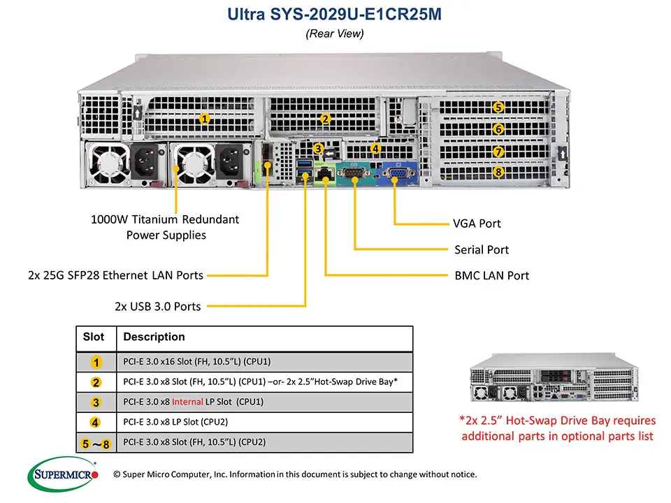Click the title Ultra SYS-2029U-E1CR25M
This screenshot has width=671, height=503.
tap(335, 15)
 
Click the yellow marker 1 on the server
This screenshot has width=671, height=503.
tap(204, 119)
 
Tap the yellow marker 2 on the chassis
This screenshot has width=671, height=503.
tap(324, 119)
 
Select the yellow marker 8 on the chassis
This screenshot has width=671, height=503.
tap(498, 172)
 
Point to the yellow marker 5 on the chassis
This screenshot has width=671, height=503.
tap(498, 107)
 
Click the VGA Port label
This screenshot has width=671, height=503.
tap(477, 224)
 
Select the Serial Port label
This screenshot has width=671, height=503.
tap(481, 249)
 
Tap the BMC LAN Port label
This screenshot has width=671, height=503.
tap(491, 275)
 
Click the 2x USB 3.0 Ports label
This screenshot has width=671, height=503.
tap(157, 306)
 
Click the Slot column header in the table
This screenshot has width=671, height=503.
tap(94, 337)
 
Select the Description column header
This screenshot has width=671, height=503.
tap(154, 337)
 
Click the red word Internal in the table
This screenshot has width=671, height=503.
tap(187, 402)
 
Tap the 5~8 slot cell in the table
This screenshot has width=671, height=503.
tap(96, 442)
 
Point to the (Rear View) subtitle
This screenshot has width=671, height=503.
tap(335, 34)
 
